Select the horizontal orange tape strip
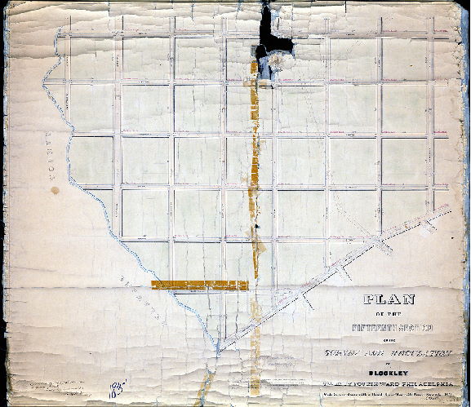pyautogui.click(x=199, y=285)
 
